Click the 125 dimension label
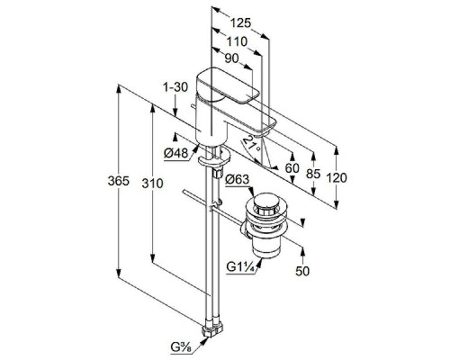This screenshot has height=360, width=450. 240,23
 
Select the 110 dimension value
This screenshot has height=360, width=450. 237,41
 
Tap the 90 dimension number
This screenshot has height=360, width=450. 231,58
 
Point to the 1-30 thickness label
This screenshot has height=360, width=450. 175,87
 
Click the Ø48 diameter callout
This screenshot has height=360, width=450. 176,154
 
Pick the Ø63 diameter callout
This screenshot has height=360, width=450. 238,179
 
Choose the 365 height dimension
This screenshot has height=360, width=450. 119,181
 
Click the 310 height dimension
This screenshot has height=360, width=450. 152,183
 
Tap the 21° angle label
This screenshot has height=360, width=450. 251,143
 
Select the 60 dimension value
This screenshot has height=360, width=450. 292,168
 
